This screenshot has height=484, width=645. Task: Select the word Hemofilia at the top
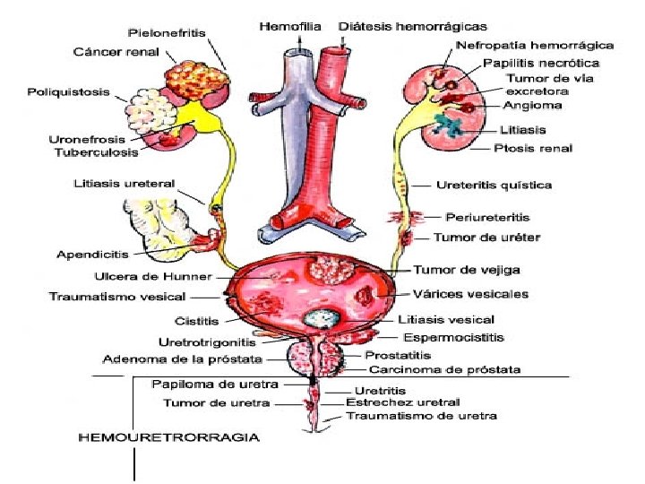tap(290, 27)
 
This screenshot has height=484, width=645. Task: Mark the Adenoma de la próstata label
tap(183, 359)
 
